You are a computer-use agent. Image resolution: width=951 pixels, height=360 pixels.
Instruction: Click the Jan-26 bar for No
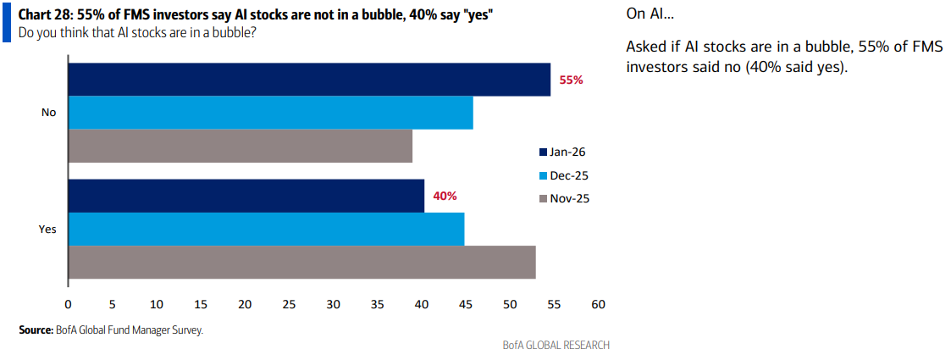click(309, 80)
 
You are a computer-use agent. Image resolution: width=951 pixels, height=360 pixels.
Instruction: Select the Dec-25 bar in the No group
click(270, 113)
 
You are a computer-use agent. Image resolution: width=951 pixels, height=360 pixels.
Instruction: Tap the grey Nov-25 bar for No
click(240, 146)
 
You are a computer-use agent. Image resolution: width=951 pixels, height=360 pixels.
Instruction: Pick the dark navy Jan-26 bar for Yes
click(246, 196)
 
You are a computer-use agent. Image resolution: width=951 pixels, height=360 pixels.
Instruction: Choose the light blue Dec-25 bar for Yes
click(266, 229)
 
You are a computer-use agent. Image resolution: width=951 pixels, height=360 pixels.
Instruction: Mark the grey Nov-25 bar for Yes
click(301, 262)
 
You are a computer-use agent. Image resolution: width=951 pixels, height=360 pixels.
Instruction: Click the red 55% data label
click(572, 80)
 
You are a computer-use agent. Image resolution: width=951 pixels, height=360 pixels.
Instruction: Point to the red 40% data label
click(445, 196)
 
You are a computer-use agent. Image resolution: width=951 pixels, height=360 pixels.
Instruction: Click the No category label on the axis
click(48, 113)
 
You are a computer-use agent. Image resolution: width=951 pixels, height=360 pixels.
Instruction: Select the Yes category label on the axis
click(47, 229)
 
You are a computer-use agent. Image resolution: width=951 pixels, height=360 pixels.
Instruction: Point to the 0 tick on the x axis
click(68, 304)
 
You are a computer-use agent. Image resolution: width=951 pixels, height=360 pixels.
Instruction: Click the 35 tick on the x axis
click(377, 304)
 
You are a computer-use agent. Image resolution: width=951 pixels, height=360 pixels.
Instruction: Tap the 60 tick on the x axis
click(598, 304)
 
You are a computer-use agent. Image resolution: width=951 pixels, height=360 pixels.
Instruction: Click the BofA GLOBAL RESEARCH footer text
click(556, 345)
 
